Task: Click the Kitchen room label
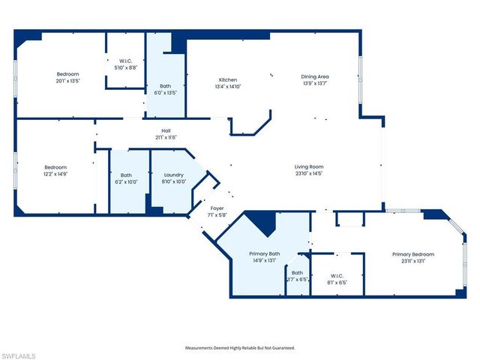[x=228, y=79]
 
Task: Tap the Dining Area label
[x=315, y=76]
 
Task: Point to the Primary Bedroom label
[x=412, y=254]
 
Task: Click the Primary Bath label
[x=264, y=254]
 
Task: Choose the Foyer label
[x=217, y=208]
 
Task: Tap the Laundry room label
[x=174, y=175]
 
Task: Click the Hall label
[x=166, y=130]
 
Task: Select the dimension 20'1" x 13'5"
[x=67, y=80]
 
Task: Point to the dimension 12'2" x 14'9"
[x=55, y=173]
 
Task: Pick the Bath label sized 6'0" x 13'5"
[x=165, y=86]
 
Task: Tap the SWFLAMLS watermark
[x=18, y=354]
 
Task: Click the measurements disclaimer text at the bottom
[x=240, y=348]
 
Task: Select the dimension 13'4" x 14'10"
[x=228, y=86]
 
